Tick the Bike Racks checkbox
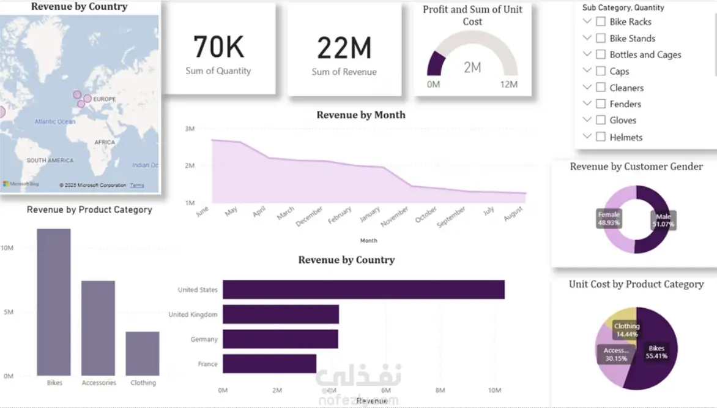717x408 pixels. coord(601,21)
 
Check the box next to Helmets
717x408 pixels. coord(601,137)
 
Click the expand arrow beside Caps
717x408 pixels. coord(587,70)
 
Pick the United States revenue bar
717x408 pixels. coord(363,290)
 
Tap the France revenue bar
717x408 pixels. coord(269,363)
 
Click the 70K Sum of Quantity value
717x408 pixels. coord(218,48)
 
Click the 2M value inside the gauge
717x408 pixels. coord(472,67)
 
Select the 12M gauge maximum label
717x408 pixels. coord(508,84)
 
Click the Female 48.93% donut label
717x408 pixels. coord(609,219)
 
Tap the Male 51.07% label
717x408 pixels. coord(663,220)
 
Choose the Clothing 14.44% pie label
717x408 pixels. coord(626,330)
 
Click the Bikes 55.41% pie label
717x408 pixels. coord(656,352)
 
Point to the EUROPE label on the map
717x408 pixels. coord(104,99)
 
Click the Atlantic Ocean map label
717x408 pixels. coord(55,121)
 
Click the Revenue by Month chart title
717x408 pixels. coord(361,115)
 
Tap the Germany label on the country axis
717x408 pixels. coord(204,339)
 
